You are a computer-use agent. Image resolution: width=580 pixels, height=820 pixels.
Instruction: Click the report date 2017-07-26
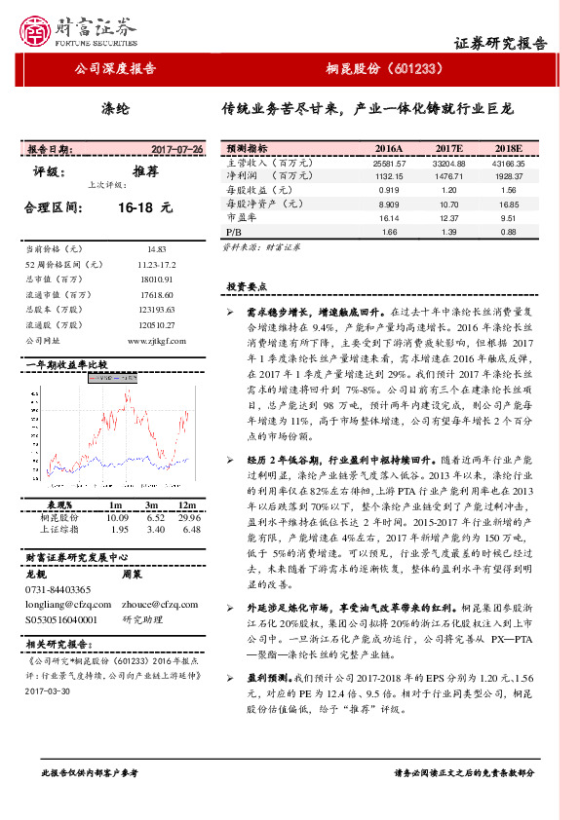pos(177,150)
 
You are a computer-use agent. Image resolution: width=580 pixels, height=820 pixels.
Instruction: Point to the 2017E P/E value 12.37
pos(448,219)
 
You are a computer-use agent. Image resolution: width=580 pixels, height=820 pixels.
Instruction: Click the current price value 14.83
pos(157,250)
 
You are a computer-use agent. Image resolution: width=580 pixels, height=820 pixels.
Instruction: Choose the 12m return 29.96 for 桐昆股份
pos(189,518)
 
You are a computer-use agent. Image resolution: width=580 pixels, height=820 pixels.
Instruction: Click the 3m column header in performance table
pos(152,505)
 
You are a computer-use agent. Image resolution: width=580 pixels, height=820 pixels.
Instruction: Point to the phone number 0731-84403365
pos(57,589)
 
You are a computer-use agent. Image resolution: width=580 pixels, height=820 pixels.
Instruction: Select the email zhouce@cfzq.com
pos(155,604)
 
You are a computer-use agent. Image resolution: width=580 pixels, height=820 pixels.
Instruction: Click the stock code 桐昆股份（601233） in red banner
pos(385,69)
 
